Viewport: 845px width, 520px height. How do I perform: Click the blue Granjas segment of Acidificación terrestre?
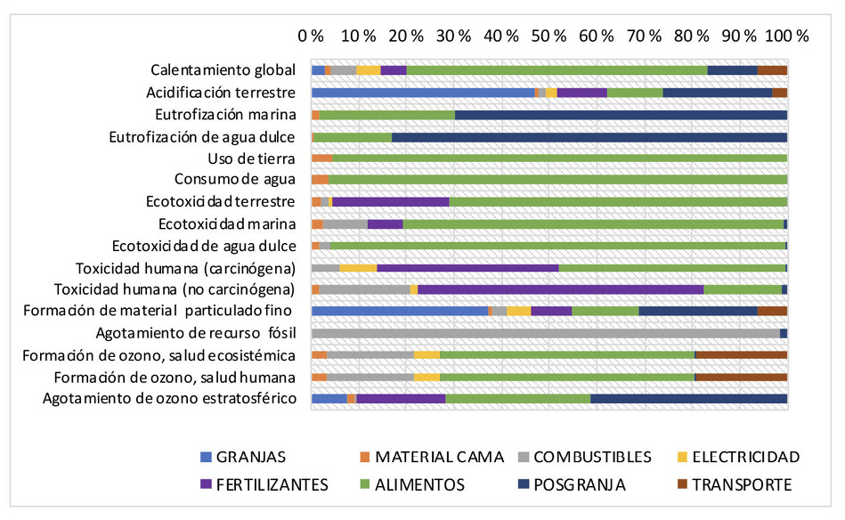423,92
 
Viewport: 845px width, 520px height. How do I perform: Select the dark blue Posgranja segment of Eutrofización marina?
621,115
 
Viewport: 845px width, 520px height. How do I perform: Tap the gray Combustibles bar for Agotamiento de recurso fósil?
545,333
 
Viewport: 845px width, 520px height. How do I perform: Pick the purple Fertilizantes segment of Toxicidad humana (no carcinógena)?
560,289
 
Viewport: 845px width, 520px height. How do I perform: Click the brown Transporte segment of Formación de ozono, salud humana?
741,378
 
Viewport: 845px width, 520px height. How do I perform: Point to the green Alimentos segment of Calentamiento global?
557,70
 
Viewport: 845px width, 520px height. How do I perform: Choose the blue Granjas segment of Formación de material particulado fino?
400,311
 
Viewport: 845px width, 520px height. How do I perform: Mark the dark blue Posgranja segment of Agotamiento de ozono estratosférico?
688,398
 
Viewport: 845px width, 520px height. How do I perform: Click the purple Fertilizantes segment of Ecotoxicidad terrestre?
390,202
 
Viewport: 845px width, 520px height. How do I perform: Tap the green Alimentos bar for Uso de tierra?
559,158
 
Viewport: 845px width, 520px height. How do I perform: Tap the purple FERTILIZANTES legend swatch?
207,484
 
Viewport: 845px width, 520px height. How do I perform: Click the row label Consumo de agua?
240,180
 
